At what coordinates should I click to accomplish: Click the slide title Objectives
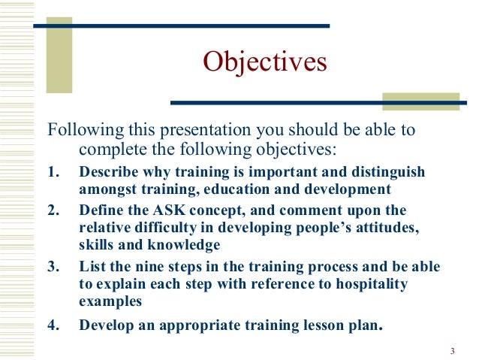click(x=265, y=62)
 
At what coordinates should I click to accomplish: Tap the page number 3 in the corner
click(x=453, y=351)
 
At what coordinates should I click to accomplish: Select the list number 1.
click(x=53, y=172)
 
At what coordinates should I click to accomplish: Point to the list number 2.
click(x=53, y=209)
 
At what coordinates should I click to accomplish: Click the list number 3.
click(x=53, y=267)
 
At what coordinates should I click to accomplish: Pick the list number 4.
click(x=53, y=325)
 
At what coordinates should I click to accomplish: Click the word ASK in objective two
click(x=170, y=209)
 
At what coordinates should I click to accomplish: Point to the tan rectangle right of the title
click(x=420, y=101)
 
